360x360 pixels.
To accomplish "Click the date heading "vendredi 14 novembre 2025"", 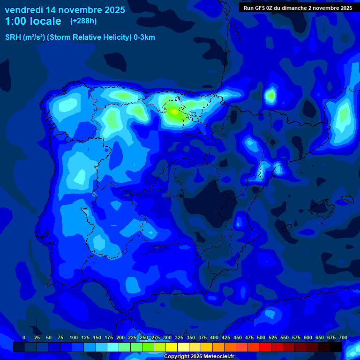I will (x=65, y=10).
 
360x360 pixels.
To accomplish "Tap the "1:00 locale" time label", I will (x=33, y=21).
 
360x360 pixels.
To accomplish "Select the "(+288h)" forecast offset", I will (x=83, y=21).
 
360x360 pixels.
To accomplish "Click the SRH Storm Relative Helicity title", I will (x=80, y=37).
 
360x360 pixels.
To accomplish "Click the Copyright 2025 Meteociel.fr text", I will (x=198, y=357).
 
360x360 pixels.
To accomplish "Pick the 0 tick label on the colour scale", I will (x=24, y=337).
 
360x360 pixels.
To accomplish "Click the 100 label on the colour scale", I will (x=74, y=337).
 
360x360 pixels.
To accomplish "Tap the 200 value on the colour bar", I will (x=120, y=337).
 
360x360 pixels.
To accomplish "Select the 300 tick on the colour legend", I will (x=167, y=337).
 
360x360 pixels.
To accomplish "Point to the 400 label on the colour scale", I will (x=214, y=337).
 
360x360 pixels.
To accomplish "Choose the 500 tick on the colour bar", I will (x=261, y=337).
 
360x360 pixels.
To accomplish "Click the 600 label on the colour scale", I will (x=308, y=337).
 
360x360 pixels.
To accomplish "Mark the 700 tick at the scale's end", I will (x=343, y=337).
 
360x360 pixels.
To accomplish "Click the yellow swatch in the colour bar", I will (x=172, y=347).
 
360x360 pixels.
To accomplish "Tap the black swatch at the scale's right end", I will (x=336, y=347).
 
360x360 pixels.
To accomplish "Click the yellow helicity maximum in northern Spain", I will (x=174, y=112).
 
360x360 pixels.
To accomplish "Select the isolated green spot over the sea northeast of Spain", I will (x=270, y=96).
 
